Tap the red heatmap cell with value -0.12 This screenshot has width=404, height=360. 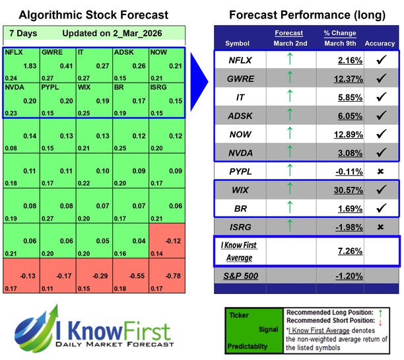pyautogui.click(x=167, y=240)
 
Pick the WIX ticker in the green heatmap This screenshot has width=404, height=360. pyautogui.click(x=84, y=87)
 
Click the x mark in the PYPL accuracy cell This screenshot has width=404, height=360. pyautogui.click(x=380, y=172)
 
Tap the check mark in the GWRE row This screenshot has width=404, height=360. pyautogui.click(x=380, y=79)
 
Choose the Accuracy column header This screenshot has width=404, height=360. pyautogui.click(x=380, y=44)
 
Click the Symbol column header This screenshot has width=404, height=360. pyautogui.click(x=238, y=44)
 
